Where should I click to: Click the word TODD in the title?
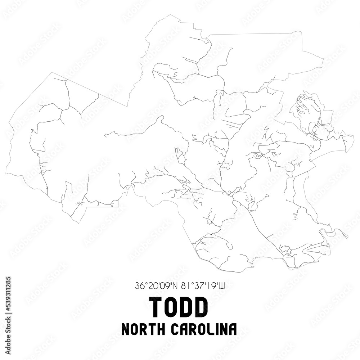(179, 307)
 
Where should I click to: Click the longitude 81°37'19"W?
(203, 286)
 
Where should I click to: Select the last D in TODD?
(201, 307)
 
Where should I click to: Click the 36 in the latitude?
(139, 286)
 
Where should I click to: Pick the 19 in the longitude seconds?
(212, 286)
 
